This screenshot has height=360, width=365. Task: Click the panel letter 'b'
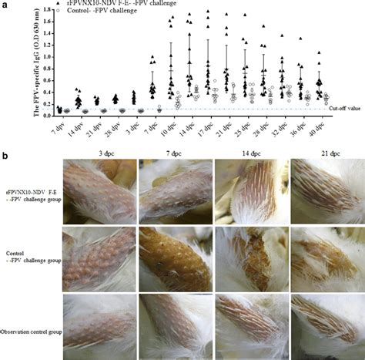tap(6, 155)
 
